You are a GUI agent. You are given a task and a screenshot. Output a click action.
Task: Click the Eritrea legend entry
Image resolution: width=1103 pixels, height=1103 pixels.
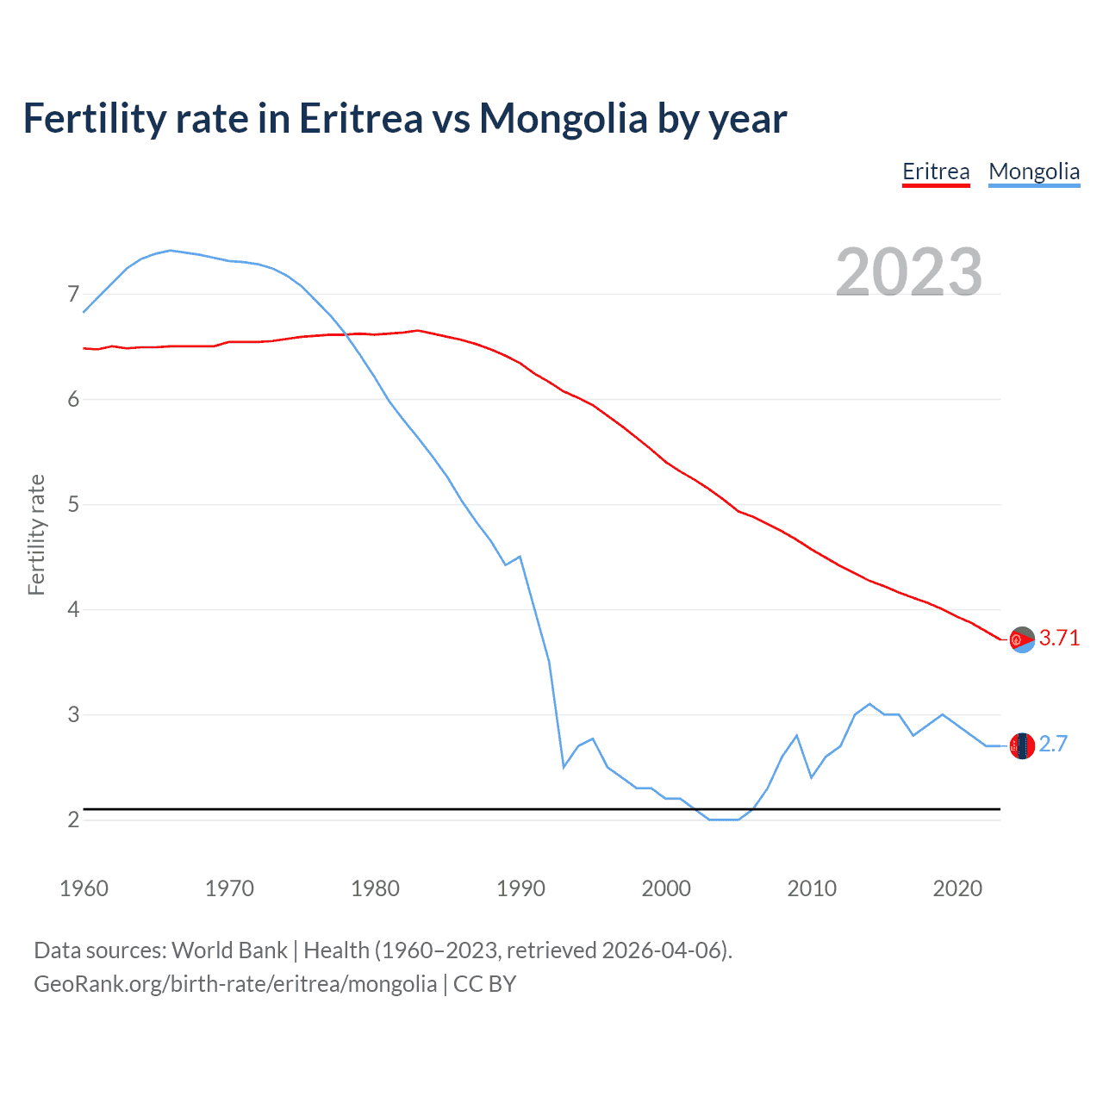click(936, 171)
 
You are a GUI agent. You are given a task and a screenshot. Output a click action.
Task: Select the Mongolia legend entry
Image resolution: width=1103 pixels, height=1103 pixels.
click(1034, 171)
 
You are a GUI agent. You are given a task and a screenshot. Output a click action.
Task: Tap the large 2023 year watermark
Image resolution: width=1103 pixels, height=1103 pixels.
click(909, 271)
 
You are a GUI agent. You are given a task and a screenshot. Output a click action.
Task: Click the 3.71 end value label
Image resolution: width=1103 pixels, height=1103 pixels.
click(1059, 638)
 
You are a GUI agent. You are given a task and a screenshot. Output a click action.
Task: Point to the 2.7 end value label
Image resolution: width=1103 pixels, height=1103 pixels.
click(1053, 744)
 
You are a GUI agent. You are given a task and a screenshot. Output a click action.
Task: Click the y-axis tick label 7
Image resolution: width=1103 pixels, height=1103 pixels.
click(73, 295)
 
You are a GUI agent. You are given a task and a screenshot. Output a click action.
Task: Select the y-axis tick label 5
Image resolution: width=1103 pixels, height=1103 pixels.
click(73, 504)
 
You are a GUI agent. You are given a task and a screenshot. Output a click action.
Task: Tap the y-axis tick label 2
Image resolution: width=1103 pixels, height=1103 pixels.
click(73, 819)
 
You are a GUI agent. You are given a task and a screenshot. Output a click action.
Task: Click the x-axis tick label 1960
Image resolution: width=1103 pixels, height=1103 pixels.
click(84, 888)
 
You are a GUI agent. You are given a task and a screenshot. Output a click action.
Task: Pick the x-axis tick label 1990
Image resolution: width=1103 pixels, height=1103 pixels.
click(520, 888)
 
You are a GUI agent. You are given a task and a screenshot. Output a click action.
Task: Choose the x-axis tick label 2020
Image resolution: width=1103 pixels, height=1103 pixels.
click(957, 888)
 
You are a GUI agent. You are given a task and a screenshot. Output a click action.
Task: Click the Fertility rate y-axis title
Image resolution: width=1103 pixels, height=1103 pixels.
click(36, 534)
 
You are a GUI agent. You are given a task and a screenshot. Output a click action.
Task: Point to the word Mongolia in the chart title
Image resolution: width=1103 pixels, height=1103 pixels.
click(564, 118)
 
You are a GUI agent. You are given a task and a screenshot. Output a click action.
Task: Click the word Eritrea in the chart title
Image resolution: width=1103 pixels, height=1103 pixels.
click(360, 118)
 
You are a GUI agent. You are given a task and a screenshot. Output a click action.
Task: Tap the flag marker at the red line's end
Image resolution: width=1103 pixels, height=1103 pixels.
click(1022, 639)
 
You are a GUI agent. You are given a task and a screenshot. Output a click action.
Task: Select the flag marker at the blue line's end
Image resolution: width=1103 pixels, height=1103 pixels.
click(1022, 745)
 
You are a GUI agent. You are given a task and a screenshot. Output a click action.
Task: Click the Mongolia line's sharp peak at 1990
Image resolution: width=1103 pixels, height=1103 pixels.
click(520, 557)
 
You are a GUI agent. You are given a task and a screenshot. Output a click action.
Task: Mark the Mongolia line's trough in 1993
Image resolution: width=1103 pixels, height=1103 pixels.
click(564, 766)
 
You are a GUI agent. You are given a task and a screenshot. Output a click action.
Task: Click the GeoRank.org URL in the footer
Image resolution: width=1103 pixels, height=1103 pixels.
click(235, 984)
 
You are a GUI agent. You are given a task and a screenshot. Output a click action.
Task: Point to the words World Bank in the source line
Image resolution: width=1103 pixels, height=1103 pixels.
click(229, 950)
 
